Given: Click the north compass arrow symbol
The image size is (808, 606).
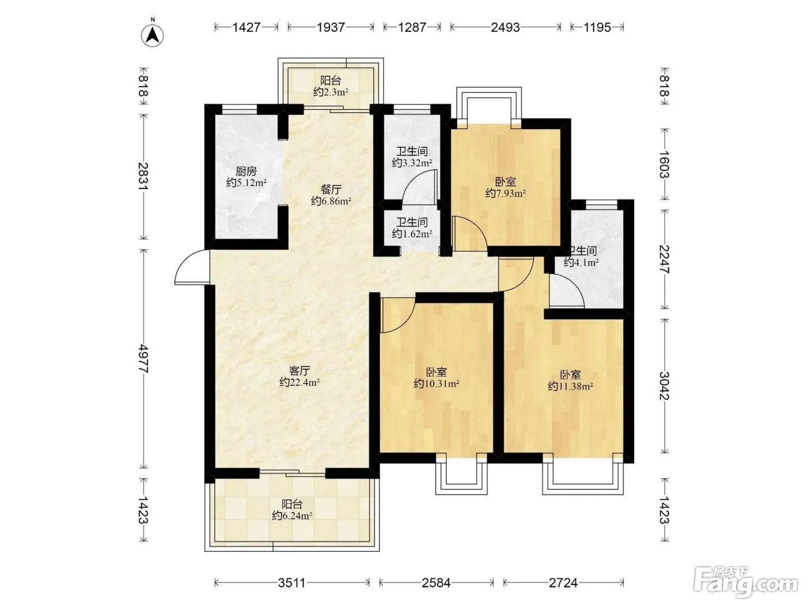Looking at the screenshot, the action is coord(152,35).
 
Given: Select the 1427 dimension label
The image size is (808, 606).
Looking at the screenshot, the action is coord(246,27).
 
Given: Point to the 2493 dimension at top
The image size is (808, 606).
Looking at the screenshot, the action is coord(506,27).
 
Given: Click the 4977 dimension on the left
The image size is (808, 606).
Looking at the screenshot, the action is coord(143,359).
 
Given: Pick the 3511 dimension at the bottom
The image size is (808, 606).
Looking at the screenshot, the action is coord(292,583).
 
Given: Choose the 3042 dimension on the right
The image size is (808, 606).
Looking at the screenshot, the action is coord(664,386).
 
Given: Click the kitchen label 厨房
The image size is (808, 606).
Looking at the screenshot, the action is coord(246,171).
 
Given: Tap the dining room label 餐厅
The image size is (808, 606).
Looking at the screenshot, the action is coord(331,189).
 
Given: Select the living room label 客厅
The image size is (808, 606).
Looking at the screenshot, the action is coord(300,371).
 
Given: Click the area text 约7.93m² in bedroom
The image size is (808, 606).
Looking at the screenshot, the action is coord(506,193).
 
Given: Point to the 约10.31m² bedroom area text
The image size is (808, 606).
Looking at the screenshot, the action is coord(436,384).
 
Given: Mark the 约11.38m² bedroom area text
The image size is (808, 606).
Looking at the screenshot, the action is coord(571,386).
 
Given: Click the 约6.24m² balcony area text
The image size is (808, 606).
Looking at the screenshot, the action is coord(292,515).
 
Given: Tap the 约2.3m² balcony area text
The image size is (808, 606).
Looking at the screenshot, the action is coord(331,92).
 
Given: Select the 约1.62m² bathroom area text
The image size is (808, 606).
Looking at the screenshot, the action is coord(412,234).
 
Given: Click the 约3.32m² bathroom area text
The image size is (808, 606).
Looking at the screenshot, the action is coord(412,163).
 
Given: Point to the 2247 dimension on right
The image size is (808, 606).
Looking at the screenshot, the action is coord(664,259).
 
